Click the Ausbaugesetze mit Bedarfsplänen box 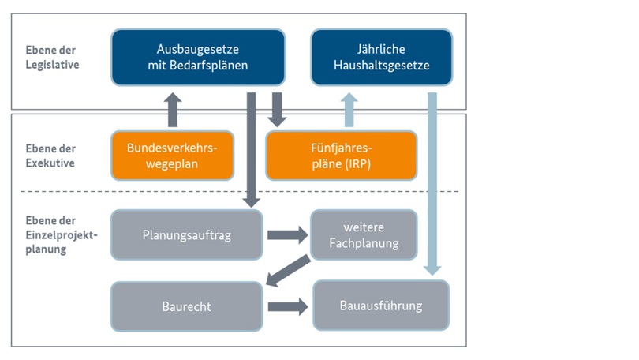click(x=197, y=57)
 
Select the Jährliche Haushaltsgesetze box click(x=382, y=57)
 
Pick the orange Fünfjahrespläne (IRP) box click(x=341, y=156)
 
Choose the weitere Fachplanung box click(x=364, y=234)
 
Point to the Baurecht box click(x=186, y=306)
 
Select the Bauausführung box click(x=381, y=305)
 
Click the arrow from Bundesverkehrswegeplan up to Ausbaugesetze click(x=174, y=109)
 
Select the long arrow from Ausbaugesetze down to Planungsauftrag click(x=252, y=150)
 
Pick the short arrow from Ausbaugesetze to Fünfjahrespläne click(x=277, y=109)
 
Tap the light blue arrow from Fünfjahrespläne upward click(x=349, y=109)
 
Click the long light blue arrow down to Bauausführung click(x=432, y=182)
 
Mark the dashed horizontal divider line click(x=95, y=192)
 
